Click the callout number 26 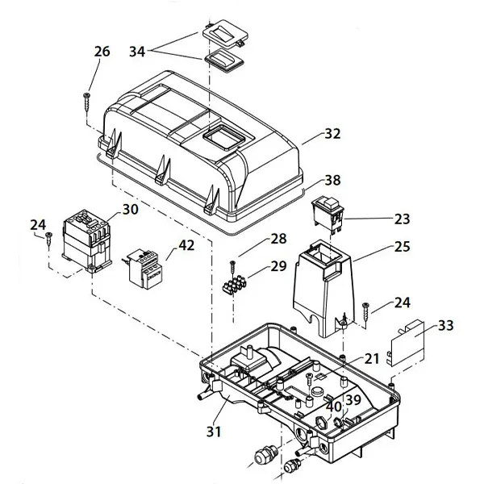102,51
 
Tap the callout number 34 139,52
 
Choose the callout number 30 131,210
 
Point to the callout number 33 444,326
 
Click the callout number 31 213,432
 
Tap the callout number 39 353,401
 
